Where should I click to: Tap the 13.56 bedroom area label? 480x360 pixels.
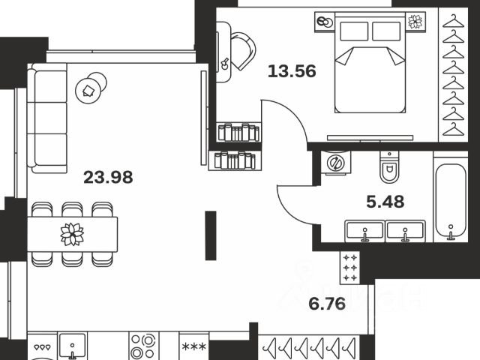tap(292, 72)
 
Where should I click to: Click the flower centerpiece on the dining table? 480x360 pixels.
tap(73, 235)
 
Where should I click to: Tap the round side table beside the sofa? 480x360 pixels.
tap(90, 90)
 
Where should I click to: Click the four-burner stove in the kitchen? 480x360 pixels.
tap(142, 347)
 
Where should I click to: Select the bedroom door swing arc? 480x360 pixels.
tap(289, 120)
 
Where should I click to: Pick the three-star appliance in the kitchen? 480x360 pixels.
tap(194, 347)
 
